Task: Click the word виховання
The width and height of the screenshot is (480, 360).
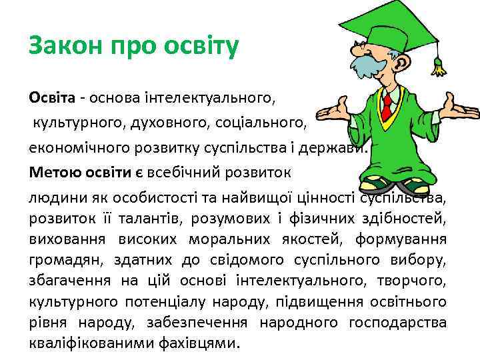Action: [58, 239]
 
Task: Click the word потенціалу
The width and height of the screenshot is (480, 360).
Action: [188, 302]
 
